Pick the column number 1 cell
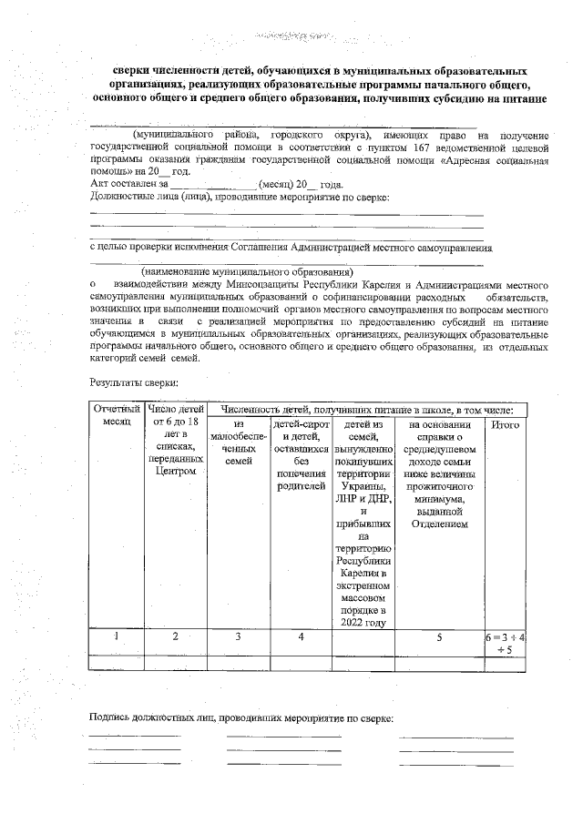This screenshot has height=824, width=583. click(117, 637)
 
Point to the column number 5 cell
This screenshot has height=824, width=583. click(438, 637)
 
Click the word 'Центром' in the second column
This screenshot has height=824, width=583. click(176, 472)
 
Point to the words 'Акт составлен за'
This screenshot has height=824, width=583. click(127, 183)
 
